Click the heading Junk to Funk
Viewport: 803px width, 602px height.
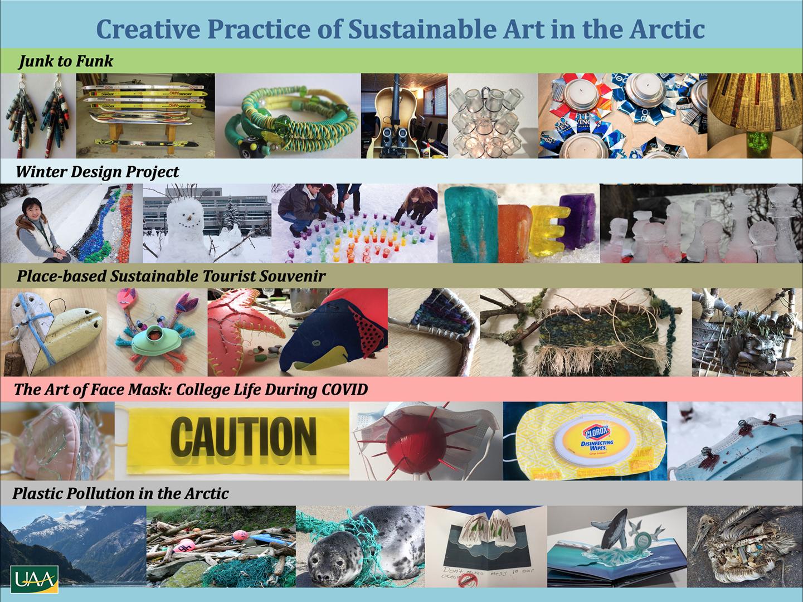pos(66,61)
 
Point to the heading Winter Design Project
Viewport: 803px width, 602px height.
pos(98,172)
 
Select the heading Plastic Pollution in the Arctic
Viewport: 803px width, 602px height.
pos(120,494)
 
